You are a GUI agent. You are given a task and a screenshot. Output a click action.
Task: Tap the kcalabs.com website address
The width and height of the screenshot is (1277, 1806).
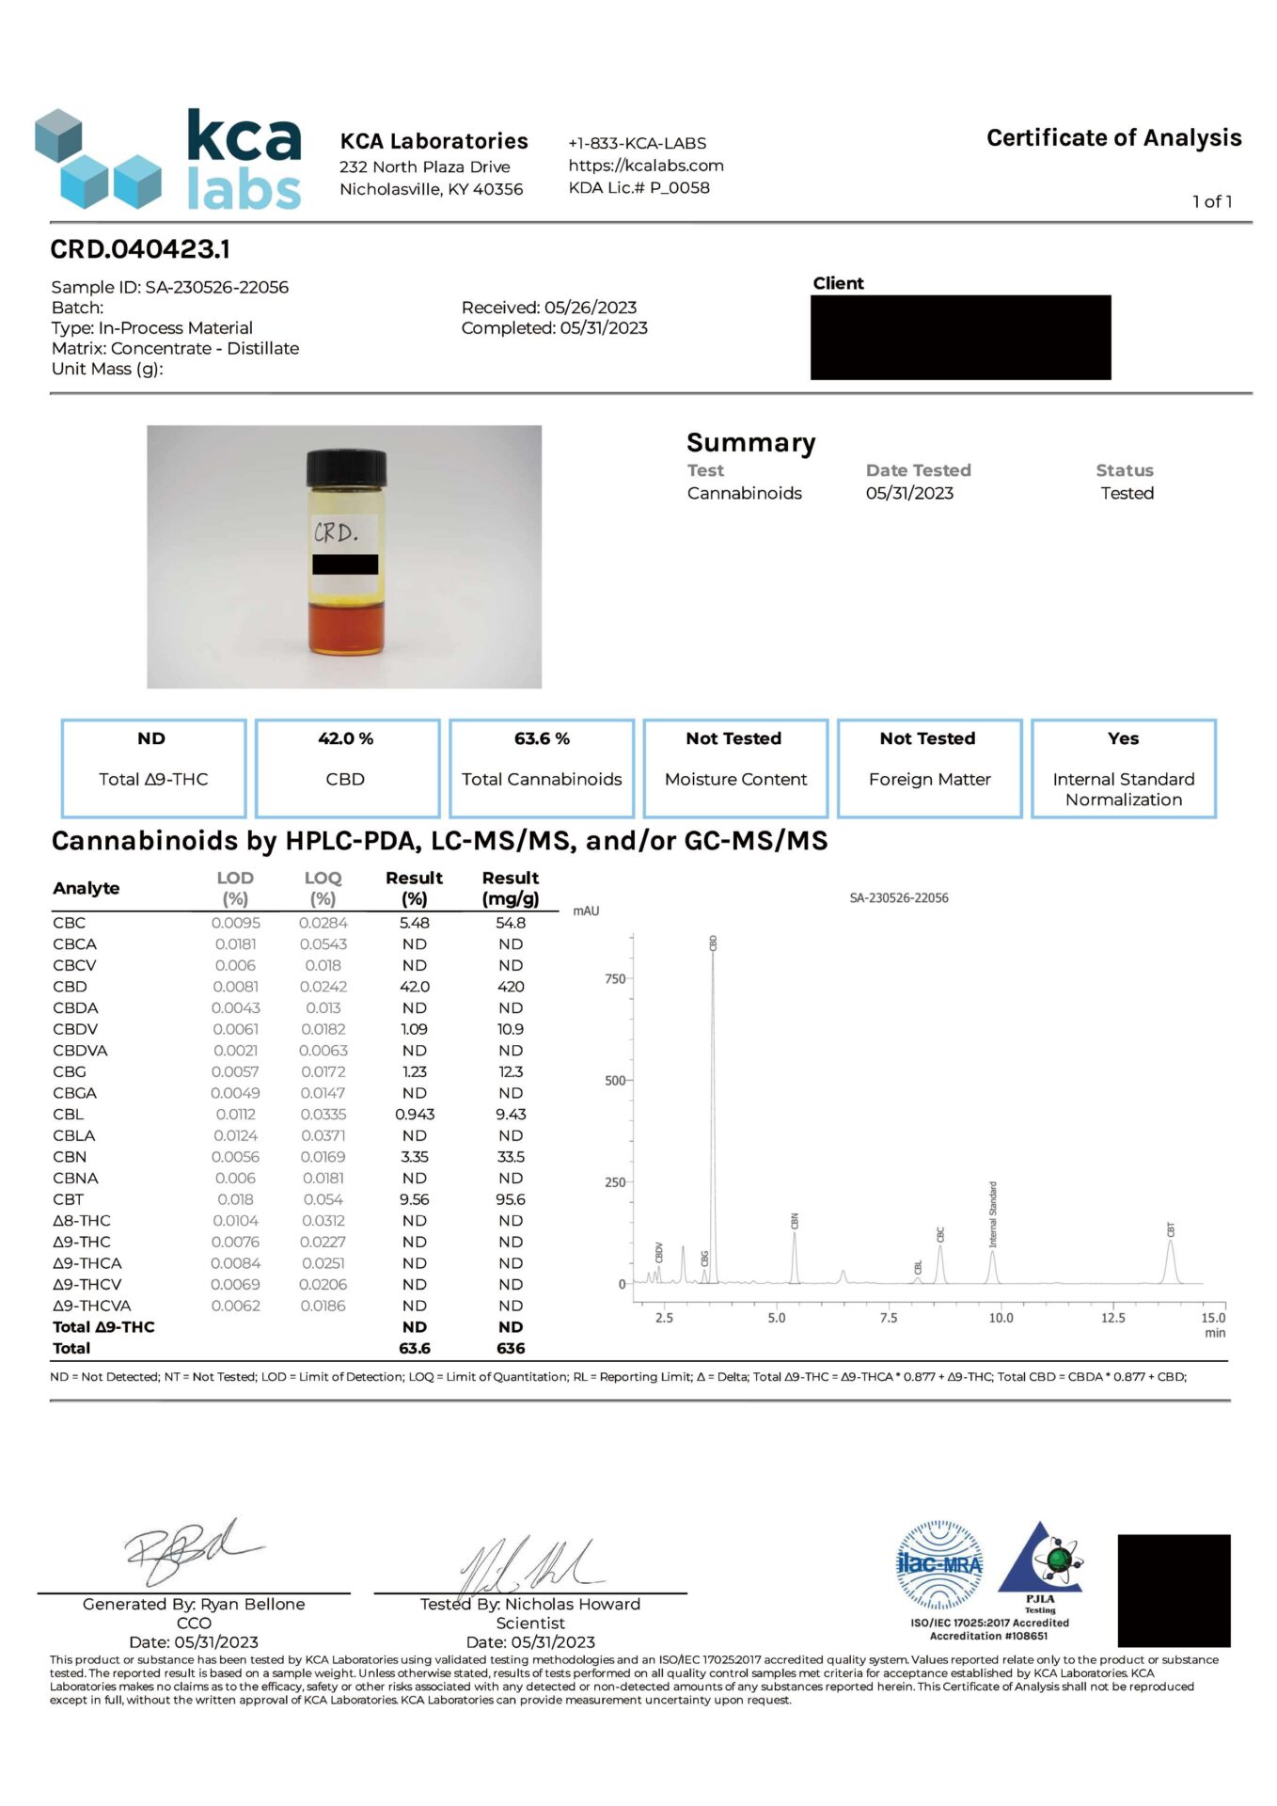click(x=645, y=166)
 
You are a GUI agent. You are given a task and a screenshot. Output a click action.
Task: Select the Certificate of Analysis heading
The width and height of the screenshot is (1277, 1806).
click(x=1113, y=138)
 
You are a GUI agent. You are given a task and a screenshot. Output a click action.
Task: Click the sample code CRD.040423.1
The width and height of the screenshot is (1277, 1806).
click(x=140, y=249)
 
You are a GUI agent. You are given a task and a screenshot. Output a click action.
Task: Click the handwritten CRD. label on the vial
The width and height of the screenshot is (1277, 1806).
click(x=336, y=533)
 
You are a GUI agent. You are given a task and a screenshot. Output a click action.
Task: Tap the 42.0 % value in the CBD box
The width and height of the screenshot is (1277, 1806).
click(x=345, y=739)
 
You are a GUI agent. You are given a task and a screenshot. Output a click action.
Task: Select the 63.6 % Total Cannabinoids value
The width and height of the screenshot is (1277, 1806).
click(x=542, y=739)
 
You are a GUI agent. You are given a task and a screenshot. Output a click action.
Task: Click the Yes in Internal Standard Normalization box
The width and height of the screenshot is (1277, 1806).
click(x=1123, y=739)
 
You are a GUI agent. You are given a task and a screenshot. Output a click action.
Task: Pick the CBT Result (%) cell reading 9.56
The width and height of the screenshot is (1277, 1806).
click(x=414, y=1199)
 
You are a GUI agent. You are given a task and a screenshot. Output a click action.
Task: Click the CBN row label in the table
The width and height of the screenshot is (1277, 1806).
click(x=70, y=1157)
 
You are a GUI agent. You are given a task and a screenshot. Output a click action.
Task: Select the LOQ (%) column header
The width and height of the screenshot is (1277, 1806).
click(x=323, y=888)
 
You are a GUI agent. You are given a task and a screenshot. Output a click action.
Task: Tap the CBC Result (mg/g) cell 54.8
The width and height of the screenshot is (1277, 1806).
click(x=511, y=923)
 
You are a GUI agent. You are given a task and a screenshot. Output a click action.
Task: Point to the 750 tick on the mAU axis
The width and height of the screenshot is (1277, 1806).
click(x=615, y=979)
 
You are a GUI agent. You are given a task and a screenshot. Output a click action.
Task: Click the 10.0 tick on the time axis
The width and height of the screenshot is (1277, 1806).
click(x=1001, y=1318)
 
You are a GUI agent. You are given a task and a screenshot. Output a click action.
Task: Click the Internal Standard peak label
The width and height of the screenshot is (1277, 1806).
click(x=993, y=1214)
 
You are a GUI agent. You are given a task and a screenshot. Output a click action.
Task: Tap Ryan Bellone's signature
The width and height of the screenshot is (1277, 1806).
click(x=193, y=1549)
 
